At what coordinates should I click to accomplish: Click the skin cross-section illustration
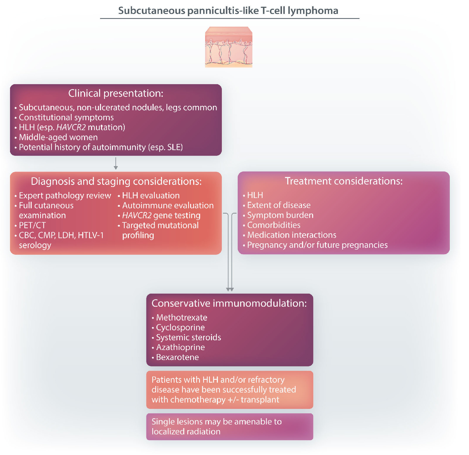(x=229, y=47)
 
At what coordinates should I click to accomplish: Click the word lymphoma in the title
(x=313, y=11)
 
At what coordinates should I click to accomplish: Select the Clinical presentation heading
(x=116, y=93)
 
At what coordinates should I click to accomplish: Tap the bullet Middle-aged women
(x=58, y=137)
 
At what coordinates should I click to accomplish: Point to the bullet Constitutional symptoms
(x=66, y=117)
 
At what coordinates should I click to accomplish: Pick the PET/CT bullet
(x=32, y=225)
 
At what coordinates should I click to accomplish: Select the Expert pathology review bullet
(x=65, y=196)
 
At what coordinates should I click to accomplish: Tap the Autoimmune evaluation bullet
(x=168, y=206)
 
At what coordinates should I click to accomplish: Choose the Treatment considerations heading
(x=344, y=181)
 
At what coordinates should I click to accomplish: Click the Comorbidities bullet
(x=274, y=225)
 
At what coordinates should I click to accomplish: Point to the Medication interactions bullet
(x=292, y=235)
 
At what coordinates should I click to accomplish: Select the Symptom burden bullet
(x=280, y=215)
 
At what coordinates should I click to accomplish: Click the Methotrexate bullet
(x=181, y=317)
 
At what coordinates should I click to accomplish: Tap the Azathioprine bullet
(x=180, y=347)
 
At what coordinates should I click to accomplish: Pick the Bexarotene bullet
(x=177, y=357)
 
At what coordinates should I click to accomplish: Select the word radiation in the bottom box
(x=203, y=432)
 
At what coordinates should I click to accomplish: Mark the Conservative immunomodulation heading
(x=229, y=303)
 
